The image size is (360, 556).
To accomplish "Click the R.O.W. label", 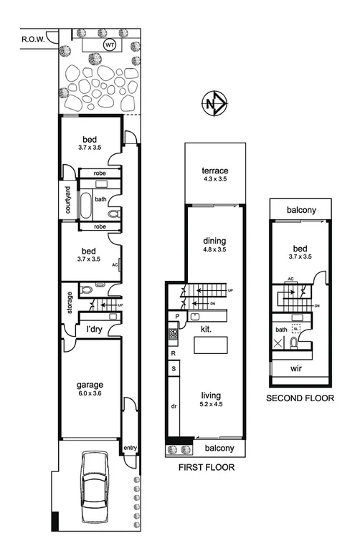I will click(x=34, y=40).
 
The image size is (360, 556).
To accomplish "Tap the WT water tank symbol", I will click(x=110, y=44).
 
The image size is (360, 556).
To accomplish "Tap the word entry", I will click(x=130, y=448).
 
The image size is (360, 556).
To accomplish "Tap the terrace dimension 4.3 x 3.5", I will click(x=214, y=180).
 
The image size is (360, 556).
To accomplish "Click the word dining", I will click(x=215, y=241).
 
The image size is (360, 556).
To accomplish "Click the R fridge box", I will click(x=174, y=353).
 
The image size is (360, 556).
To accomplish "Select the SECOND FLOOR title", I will click(x=300, y=397).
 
